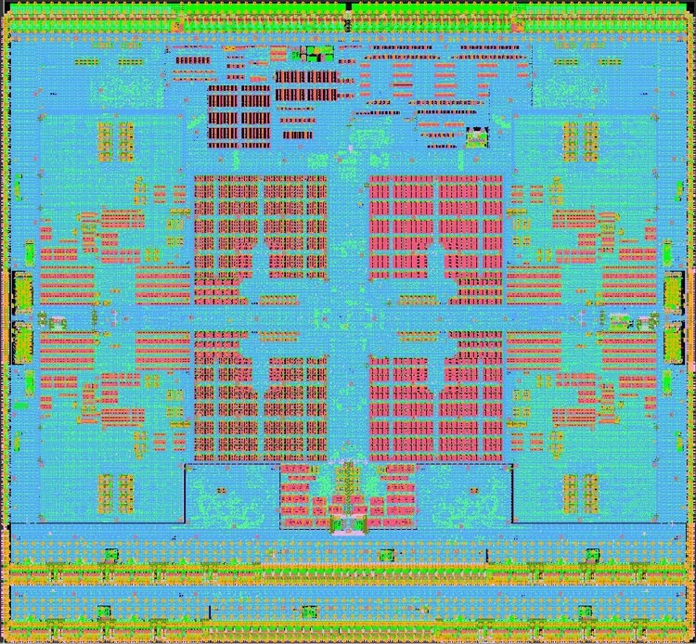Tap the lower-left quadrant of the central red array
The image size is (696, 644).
coord(260,394)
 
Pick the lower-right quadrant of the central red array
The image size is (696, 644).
coord(436,394)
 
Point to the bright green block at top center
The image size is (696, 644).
coord(322,52)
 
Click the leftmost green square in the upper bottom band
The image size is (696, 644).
coord(110,555)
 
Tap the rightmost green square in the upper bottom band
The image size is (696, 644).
coord(586,555)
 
